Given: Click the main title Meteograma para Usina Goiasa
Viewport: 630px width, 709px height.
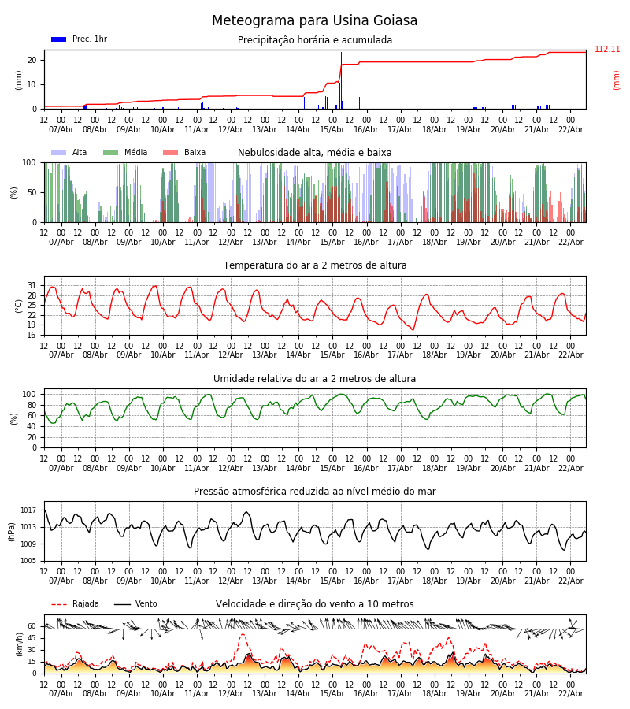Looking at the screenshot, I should (314, 21).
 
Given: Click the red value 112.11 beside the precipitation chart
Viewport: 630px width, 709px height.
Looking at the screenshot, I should (607, 50).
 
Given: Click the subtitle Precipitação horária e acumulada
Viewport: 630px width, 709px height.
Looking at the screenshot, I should (315, 40).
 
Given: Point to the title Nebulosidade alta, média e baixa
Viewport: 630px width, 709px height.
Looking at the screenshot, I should (315, 153).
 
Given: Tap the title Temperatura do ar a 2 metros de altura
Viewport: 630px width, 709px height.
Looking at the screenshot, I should (315, 265).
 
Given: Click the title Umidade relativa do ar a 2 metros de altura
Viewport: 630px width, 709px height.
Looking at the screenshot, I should (315, 379).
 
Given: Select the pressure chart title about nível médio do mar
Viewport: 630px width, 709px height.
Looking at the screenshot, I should (315, 492).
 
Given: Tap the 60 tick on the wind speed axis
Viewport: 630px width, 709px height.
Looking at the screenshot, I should (32, 626).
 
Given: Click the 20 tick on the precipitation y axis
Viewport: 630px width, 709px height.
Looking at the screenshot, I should (32, 60).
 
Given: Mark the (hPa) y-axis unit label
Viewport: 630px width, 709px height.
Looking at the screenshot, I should (13, 531).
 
